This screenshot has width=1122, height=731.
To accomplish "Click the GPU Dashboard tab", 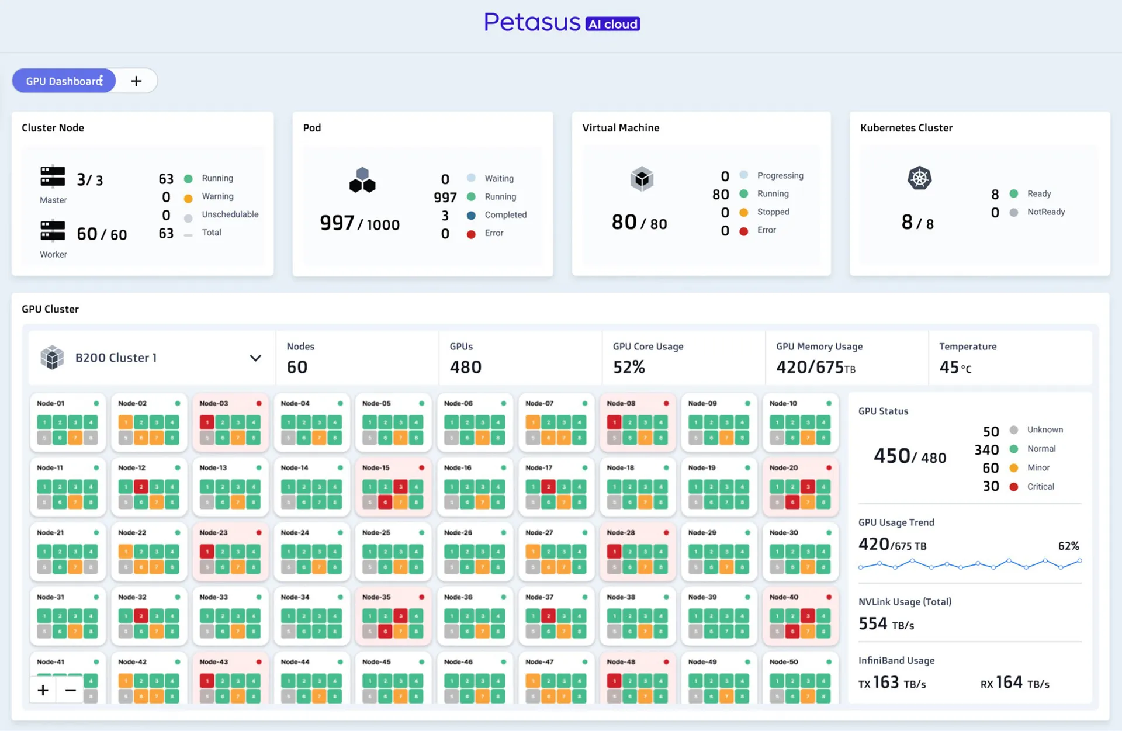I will pyautogui.click(x=64, y=81).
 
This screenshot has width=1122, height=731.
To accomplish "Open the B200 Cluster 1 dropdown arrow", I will pyautogui.click(x=255, y=358).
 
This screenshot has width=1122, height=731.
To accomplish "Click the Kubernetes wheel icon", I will pyautogui.click(x=919, y=178).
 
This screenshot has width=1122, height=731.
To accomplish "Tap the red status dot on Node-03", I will pyautogui.click(x=259, y=403).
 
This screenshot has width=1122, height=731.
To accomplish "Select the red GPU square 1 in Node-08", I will pyautogui.click(x=614, y=422).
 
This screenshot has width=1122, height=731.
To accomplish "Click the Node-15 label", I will pyautogui.click(x=376, y=467).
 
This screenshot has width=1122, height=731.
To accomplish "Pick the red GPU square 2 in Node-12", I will pyautogui.click(x=141, y=486).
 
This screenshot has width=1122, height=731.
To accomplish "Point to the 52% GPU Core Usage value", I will pyautogui.click(x=629, y=367).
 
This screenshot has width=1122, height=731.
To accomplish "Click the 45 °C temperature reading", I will pyautogui.click(x=955, y=367).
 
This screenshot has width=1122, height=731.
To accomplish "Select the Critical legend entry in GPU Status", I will pyautogui.click(x=1040, y=486).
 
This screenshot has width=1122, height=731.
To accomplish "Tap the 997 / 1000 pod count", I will pyautogui.click(x=359, y=223).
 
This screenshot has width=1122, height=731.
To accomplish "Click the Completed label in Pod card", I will pyautogui.click(x=505, y=214).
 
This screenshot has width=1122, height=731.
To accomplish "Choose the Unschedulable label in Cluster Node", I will pyautogui.click(x=230, y=214).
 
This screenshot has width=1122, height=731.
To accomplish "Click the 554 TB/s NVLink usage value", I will pyautogui.click(x=886, y=624).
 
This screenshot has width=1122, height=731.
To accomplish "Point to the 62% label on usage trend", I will pyautogui.click(x=1068, y=546).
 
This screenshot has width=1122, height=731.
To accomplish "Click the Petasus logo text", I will pyautogui.click(x=532, y=23).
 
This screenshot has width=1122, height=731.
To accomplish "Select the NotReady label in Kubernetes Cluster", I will pyautogui.click(x=1045, y=212).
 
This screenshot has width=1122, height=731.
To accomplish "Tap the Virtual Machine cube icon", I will pyautogui.click(x=642, y=179).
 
